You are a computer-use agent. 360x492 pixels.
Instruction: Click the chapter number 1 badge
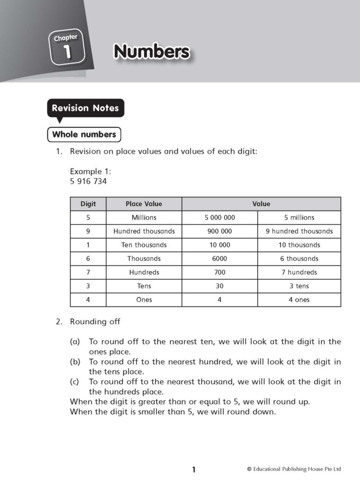click(66, 48)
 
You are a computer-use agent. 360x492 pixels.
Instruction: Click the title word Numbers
click(151, 51)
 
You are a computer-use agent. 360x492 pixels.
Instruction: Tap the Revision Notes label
click(85, 108)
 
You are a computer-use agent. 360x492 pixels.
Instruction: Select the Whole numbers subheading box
click(84, 135)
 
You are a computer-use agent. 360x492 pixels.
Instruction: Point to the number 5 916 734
click(88, 182)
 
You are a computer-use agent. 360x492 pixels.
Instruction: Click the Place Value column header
click(144, 204)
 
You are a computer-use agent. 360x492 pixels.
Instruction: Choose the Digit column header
click(88, 204)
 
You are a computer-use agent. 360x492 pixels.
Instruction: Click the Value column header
click(261, 204)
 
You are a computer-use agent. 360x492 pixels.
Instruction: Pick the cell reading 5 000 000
click(220, 218)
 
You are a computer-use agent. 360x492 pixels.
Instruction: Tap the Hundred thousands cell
click(144, 231)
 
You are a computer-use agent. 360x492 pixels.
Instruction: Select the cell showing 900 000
click(220, 231)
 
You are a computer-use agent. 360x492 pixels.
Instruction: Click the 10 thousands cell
click(299, 245)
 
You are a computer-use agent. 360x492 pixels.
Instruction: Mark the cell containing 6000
click(220, 258)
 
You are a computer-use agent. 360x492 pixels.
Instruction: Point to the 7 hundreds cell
click(299, 272)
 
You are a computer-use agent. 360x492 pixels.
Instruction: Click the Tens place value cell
click(144, 286)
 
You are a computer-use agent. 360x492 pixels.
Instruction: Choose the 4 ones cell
click(299, 300)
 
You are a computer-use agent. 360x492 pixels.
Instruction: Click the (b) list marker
click(74, 362)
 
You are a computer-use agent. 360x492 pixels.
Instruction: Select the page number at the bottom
click(194, 470)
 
